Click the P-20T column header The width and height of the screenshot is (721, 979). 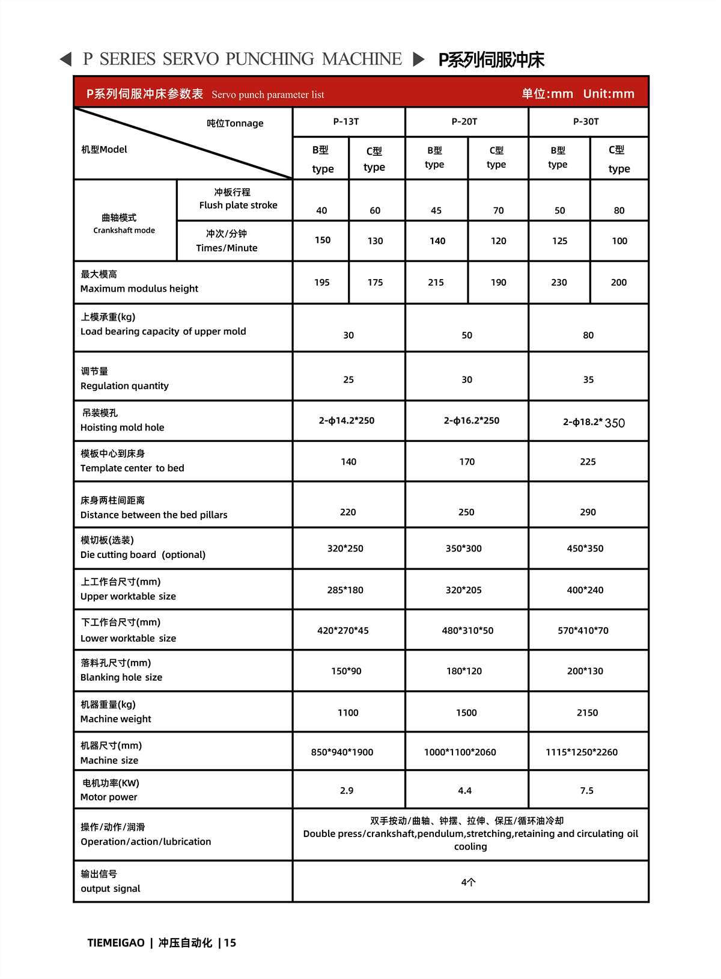coord(464,121)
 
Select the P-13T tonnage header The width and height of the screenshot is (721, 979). coord(346,121)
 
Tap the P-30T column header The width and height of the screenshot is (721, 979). coord(586,121)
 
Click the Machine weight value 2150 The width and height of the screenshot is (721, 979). coord(587,713)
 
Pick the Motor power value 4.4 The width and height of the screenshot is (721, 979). coord(464,790)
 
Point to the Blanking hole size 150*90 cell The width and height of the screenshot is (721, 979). coord(346,671)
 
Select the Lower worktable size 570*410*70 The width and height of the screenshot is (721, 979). coord(583,630)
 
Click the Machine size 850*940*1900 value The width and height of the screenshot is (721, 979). coord(342,752)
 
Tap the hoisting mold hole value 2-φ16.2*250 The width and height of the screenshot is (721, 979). coord(471,420)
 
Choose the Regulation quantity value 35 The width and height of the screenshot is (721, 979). coord(588,379)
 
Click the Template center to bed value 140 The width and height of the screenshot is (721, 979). coord(348,462)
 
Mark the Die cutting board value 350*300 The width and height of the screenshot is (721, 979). coord(463,548)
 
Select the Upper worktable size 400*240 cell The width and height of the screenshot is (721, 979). coord(585,590)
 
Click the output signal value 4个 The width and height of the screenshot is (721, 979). coord(468,882)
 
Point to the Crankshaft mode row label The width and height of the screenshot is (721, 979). coord(124,223)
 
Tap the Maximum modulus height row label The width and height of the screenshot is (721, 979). coord(139,281)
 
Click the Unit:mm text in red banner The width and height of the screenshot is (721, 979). coord(608,94)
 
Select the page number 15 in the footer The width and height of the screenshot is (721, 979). coord(230,943)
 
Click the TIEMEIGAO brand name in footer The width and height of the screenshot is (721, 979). coord(116,943)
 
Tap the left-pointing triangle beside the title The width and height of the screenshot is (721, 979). coord(66,60)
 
